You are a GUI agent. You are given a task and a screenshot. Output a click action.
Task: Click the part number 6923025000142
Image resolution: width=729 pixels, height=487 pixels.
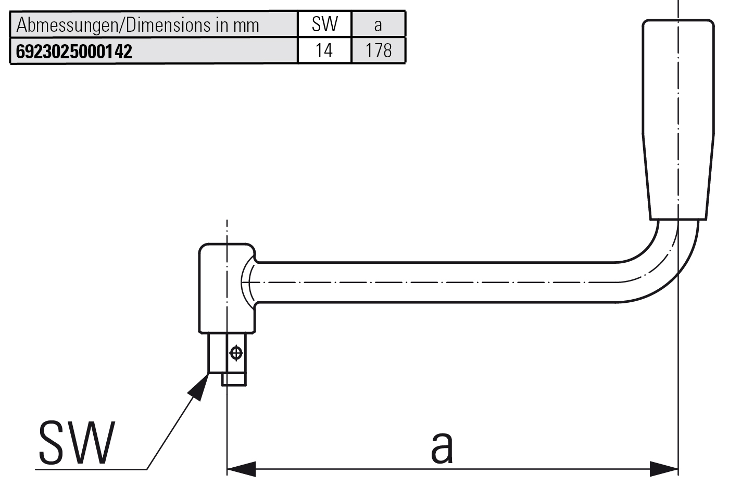pyautogui.click(x=74, y=51)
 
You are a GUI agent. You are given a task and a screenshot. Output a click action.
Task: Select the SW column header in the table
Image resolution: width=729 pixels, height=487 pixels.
pyautogui.click(x=324, y=24)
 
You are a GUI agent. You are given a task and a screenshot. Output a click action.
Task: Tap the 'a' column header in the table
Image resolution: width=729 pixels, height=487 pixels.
pyautogui.click(x=378, y=24)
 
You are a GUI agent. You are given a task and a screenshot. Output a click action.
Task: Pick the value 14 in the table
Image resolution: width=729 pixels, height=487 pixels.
pyautogui.click(x=324, y=50)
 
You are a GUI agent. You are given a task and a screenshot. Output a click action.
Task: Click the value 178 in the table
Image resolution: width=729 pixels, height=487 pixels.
pyautogui.click(x=379, y=50)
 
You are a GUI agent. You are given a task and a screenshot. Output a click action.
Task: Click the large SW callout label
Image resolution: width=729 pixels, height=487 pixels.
pyautogui.click(x=77, y=443)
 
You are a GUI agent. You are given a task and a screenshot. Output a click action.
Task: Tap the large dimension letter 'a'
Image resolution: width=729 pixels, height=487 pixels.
pyautogui.click(x=442, y=446)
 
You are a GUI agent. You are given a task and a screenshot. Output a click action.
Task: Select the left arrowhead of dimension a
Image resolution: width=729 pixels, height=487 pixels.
pyautogui.click(x=241, y=469)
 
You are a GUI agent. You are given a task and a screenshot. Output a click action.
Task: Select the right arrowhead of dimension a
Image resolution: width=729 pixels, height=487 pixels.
pyautogui.click(x=664, y=469)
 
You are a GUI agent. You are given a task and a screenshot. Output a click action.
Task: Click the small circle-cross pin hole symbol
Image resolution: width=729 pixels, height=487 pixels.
pyautogui.click(x=236, y=353)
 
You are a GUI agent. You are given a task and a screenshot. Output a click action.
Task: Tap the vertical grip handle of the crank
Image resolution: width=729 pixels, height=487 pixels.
pyautogui.click(x=677, y=120)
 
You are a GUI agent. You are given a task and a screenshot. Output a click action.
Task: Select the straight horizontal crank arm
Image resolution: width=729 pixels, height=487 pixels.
pyautogui.click(x=432, y=282)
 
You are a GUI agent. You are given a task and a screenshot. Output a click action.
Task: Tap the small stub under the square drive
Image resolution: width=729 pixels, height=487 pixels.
pyautogui.click(x=234, y=379)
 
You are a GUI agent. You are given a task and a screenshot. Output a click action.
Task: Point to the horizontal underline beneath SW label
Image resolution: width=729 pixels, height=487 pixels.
pyautogui.click(x=91, y=469)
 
